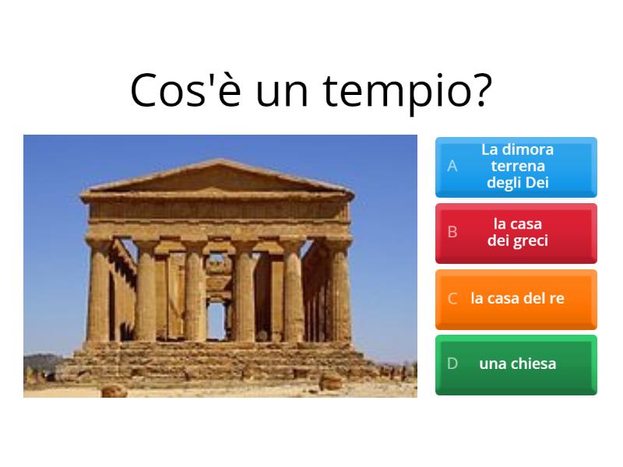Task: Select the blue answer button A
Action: pyautogui.click(x=516, y=166)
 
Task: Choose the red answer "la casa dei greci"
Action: pyautogui.click(x=516, y=232)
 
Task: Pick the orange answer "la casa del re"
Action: pyautogui.click(x=516, y=298)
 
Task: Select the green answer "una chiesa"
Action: pyautogui.click(x=516, y=363)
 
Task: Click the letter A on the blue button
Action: pyautogui.click(x=452, y=166)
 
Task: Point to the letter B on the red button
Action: pyautogui.click(x=452, y=232)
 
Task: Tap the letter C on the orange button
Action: pyautogui.click(x=452, y=298)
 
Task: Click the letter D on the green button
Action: pyautogui.click(x=452, y=363)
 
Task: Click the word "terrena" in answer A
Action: pyautogui.click(x=518, y=166)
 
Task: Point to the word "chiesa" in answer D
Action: pyautogui.click(x=533, y=363)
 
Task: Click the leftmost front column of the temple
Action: pyautogui.click(x=100, y=292)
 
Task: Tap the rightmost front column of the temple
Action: pyautogui.click(x=340, y=292)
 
